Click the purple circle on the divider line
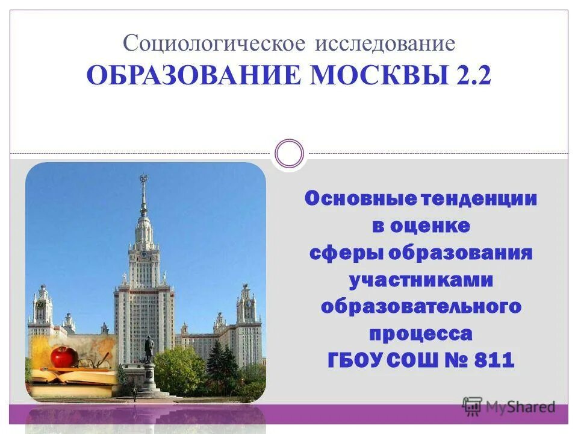289,154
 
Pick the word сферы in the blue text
346,253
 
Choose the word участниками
421,280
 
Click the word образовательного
421,307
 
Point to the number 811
494,360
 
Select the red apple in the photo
62,356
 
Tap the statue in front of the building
148,350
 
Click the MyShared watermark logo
509,406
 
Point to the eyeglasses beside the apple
93,363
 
